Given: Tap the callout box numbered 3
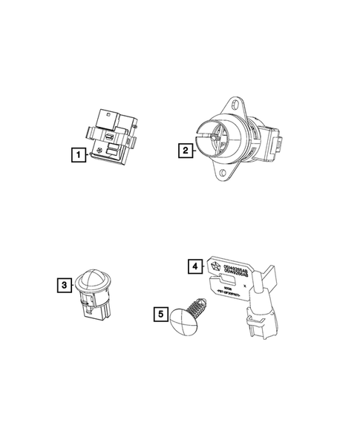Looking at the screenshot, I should click(x=65, y=284).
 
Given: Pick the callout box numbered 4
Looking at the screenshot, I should click(x=194, y=265).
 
